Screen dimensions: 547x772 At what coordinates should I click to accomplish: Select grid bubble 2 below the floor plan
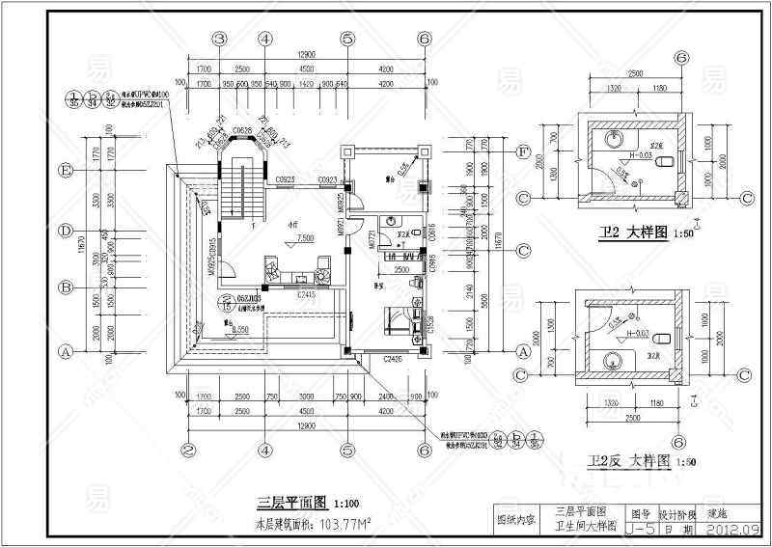(189, 449)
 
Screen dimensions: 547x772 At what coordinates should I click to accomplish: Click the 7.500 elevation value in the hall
(305, 237)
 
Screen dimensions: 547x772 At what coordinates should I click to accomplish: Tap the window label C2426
(393, 359)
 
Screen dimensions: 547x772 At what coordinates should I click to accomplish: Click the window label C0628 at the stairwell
(243, 131)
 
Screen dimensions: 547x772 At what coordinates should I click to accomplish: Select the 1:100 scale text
(347, 503)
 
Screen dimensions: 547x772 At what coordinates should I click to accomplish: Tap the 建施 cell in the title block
(719, 514)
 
